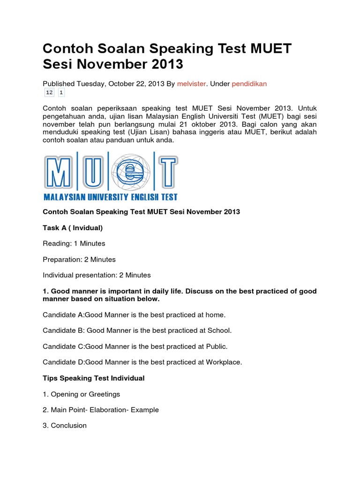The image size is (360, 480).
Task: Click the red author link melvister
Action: pyautogui.click(x=192, y=83)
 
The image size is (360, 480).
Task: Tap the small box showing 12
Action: pyautogui.click(x=50, y=93)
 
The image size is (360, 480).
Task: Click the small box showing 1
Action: pyautogui.click(x=61, y=93)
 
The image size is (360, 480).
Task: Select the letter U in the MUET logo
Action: pyautogui.click(x=94, y=173)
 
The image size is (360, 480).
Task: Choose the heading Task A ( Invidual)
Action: pyautogui.click(x=73, y=228)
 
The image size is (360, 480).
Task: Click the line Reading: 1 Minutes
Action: pyautogui.click(x=74, y=243)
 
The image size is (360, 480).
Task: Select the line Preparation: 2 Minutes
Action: pyautogui.click(x=79, y=259)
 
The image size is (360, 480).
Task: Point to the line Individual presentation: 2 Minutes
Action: pyautogui.click(x=97, y=275)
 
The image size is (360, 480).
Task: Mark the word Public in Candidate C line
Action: pyautogui.click(x=216, y=346)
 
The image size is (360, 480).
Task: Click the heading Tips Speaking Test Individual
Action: pyautogui.click(x=94, y=378)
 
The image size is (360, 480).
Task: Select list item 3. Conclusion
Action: pyautogui.click(x=65, y=426)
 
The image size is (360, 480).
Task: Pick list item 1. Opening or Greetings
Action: pyautogui.click(x=82, y=394)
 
